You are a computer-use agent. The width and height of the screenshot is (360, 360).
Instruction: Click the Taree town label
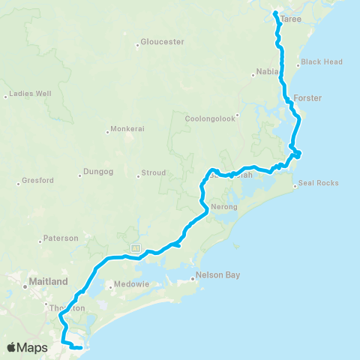291,20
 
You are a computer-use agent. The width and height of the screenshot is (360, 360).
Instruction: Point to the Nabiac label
267,72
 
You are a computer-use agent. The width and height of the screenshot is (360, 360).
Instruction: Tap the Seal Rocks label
319,183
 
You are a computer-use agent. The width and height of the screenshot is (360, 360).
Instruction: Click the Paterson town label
61,238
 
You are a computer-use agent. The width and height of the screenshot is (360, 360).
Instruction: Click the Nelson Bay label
217,275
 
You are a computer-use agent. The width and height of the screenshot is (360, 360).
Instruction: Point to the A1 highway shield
134,247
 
